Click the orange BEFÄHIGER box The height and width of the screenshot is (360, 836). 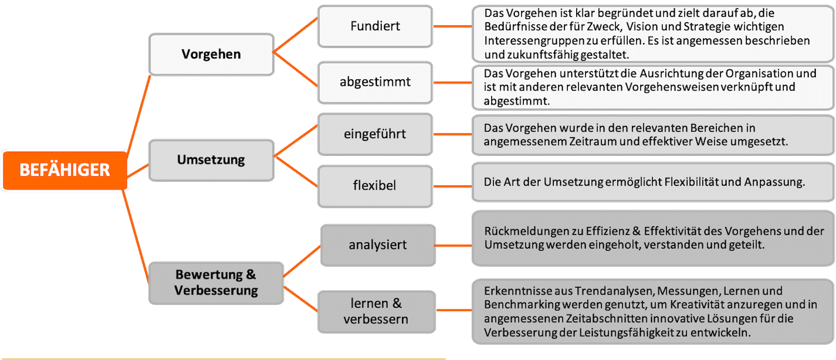click(x=64, y=171)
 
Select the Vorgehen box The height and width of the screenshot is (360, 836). click(x=210, y=54)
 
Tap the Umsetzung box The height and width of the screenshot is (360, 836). click(x=210, y=159)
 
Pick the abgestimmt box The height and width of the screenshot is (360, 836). click(x=375, y=81)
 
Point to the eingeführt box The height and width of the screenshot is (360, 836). click(x=375, y=133)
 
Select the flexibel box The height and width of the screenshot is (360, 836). click(x=375, y=185)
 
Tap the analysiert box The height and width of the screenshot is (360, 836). click(x=378, y=244)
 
